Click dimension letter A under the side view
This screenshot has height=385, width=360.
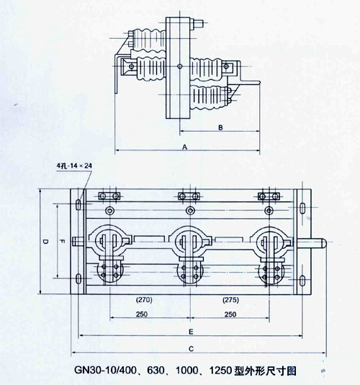click(185, 145)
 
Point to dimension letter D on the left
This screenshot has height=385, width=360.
click(45, 243)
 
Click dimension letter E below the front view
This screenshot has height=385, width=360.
click(190, 332)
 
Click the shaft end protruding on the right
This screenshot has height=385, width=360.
click(318, 245)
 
